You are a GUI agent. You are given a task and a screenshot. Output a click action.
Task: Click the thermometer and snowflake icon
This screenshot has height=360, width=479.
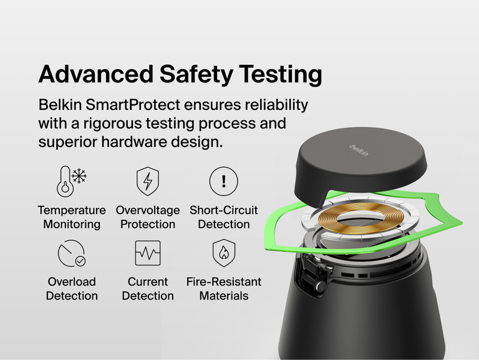(x=71, y=181)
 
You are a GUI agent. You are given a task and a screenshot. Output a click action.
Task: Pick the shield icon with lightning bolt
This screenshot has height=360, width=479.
(x=147, y=181)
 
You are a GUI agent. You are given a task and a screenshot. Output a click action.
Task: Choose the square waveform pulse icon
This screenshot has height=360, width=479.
(x=147, y=253)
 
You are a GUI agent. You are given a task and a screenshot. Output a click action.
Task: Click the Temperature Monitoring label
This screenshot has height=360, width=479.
(x=72, y=217)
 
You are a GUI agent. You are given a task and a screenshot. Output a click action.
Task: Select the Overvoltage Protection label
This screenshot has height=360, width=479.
(x=148, y=217)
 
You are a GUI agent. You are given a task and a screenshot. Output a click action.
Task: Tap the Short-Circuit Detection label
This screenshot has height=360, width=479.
(x=223, y=217)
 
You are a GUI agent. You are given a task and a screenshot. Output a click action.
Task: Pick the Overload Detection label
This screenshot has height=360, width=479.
(x=72, y=289)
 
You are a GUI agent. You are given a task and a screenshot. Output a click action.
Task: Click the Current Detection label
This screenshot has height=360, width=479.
(x=148, y=289)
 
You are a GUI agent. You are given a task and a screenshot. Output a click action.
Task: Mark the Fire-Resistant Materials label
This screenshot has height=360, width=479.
(x=223, y=289)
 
